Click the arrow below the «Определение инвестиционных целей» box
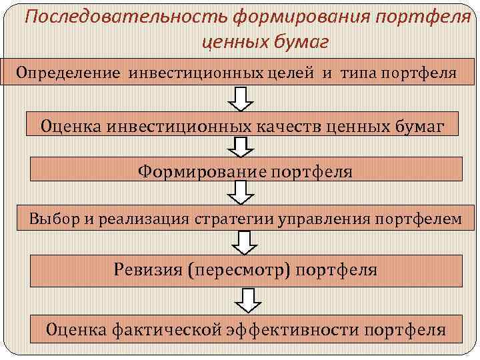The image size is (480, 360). pos(241,99)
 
